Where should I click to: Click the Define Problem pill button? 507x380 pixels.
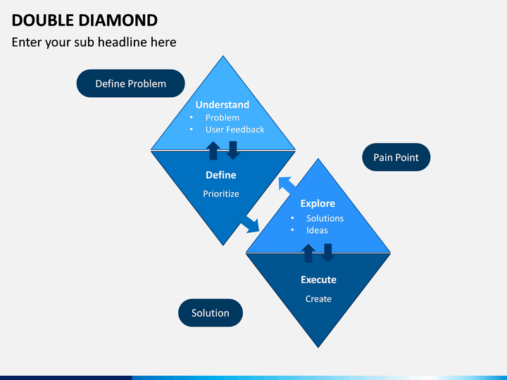pos(131,83)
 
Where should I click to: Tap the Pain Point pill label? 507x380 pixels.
pos(396,158)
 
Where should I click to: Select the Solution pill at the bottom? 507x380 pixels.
pos(211,312)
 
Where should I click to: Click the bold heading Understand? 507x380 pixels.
pos(223,105)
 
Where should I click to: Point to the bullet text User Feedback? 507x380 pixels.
pos(235,129)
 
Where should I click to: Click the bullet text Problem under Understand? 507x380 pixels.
pos(223,118)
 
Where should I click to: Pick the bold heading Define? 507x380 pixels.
pos(221,175)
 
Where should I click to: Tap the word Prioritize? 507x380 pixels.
pos(221,194)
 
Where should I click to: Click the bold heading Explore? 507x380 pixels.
pos(318,203)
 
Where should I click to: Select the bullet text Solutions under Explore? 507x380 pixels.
pos(325,218)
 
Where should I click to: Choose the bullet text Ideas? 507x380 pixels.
pos(317,230)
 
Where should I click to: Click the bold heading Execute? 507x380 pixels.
pos(318,280)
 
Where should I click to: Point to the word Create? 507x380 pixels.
pos(318,299)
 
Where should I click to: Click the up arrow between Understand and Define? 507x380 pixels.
pos(213,151)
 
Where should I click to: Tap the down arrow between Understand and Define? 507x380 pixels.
pos(233,151)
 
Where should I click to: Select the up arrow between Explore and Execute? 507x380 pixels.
pos(308,253)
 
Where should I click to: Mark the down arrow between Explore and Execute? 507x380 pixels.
pos(328,253)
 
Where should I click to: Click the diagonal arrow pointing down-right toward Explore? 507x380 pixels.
pos(250,224)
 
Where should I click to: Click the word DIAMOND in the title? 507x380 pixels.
pos(118,20)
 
